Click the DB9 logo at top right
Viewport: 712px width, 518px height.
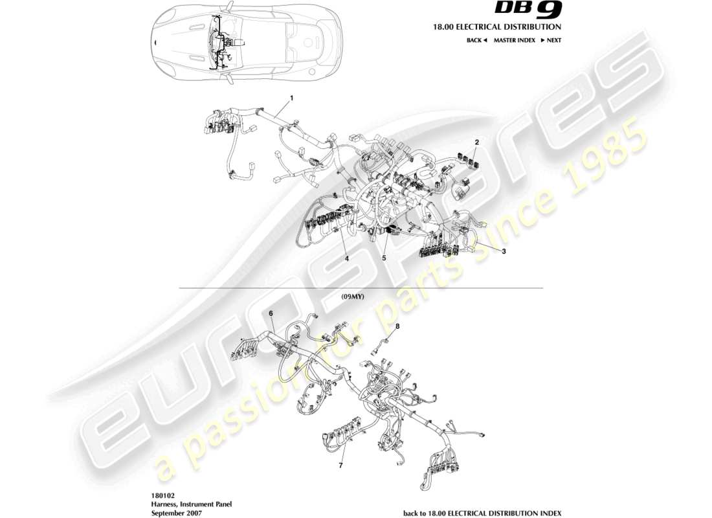tap(529, 10)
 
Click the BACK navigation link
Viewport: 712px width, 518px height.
tap(476, 40)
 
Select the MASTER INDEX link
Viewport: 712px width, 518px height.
tap(514, 40)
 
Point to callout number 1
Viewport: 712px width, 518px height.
tap(292, 98)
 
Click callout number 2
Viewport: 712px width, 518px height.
tap(476, 141)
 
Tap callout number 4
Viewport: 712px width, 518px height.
tap(347, 258)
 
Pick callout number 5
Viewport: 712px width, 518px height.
tap(384, 258)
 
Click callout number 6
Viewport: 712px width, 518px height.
tap(271, 313)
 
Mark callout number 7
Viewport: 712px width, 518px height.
tap(340, 465)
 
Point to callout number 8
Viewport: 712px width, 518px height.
tap(397, 326)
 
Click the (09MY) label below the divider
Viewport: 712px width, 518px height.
tap(353, 296)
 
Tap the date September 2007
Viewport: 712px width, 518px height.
tap(176, 513)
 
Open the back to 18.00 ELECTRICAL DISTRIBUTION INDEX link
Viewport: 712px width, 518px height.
tap(482, 513)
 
